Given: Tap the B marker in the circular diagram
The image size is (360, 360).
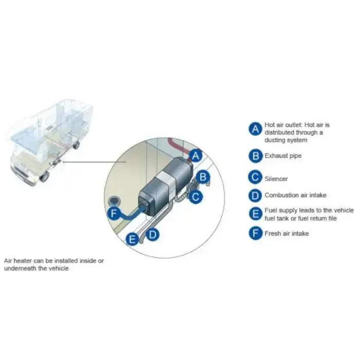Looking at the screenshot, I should (x=204, y=177).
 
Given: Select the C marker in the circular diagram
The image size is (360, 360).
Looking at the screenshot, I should (x=195, y=196).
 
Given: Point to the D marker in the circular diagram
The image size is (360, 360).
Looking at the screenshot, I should (x=152, y=235).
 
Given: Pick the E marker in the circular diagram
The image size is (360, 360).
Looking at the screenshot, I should (x=133, y=239).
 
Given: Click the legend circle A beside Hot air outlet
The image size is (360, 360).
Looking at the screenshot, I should (x=255, y=129).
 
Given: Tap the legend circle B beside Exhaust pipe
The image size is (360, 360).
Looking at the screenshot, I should (x=255, y=155).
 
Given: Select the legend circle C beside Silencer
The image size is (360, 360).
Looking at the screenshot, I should (x=255, y=178).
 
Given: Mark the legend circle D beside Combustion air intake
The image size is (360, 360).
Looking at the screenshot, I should (x=255, y=195).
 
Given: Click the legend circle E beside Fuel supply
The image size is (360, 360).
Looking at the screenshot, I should (x=255, y=214).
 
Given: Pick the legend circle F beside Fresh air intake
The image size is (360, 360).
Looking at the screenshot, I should (x=255, y=233).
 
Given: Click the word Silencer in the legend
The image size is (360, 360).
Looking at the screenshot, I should (x=276, y=179).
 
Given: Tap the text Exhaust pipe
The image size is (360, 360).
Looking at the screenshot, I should (x=283, y=155).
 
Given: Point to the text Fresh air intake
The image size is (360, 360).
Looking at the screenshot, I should (x=286, y=233).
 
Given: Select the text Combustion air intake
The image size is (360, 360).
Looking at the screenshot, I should (x=295, y=195).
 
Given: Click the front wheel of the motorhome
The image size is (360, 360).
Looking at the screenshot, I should (x=45, y=176).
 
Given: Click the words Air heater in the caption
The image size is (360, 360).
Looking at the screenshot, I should (x=20, y=261).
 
